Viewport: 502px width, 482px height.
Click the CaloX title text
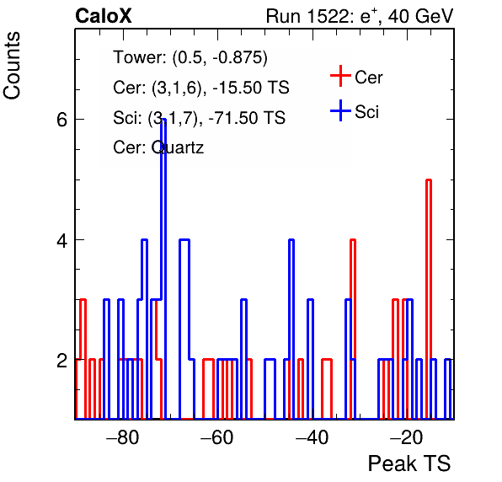tap(104, 16)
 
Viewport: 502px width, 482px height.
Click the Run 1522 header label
tap(360, 16)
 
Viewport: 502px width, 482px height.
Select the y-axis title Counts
tap(12, 66)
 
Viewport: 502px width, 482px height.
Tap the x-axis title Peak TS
tap(409, 463)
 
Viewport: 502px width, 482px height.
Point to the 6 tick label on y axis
tap(62, 120)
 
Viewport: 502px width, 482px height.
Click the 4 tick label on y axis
tap(62, 240)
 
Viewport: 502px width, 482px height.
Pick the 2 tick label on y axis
tap(62, 361)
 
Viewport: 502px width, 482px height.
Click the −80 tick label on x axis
tap(123, 437)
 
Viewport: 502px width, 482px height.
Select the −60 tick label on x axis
tap(217, 437)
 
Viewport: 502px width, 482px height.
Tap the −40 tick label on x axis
tap(312, 437)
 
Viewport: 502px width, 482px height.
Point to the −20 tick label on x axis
tap(406, 437)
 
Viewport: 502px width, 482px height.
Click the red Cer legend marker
tap(340, 76)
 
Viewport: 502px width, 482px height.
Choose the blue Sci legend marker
tap(340, 110)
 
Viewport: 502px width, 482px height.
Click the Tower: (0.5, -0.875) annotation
tap(190, 57)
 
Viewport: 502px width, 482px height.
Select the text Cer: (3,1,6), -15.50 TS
tap(201, 88)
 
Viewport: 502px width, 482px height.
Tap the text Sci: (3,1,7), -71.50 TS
tap(199, 117)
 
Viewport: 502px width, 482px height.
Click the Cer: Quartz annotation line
tap(158, 147)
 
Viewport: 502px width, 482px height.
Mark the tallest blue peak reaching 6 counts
tap(163, 119)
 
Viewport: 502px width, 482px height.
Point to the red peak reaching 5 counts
tap(429, 180)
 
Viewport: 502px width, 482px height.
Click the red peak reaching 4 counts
tap(353, 240)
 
